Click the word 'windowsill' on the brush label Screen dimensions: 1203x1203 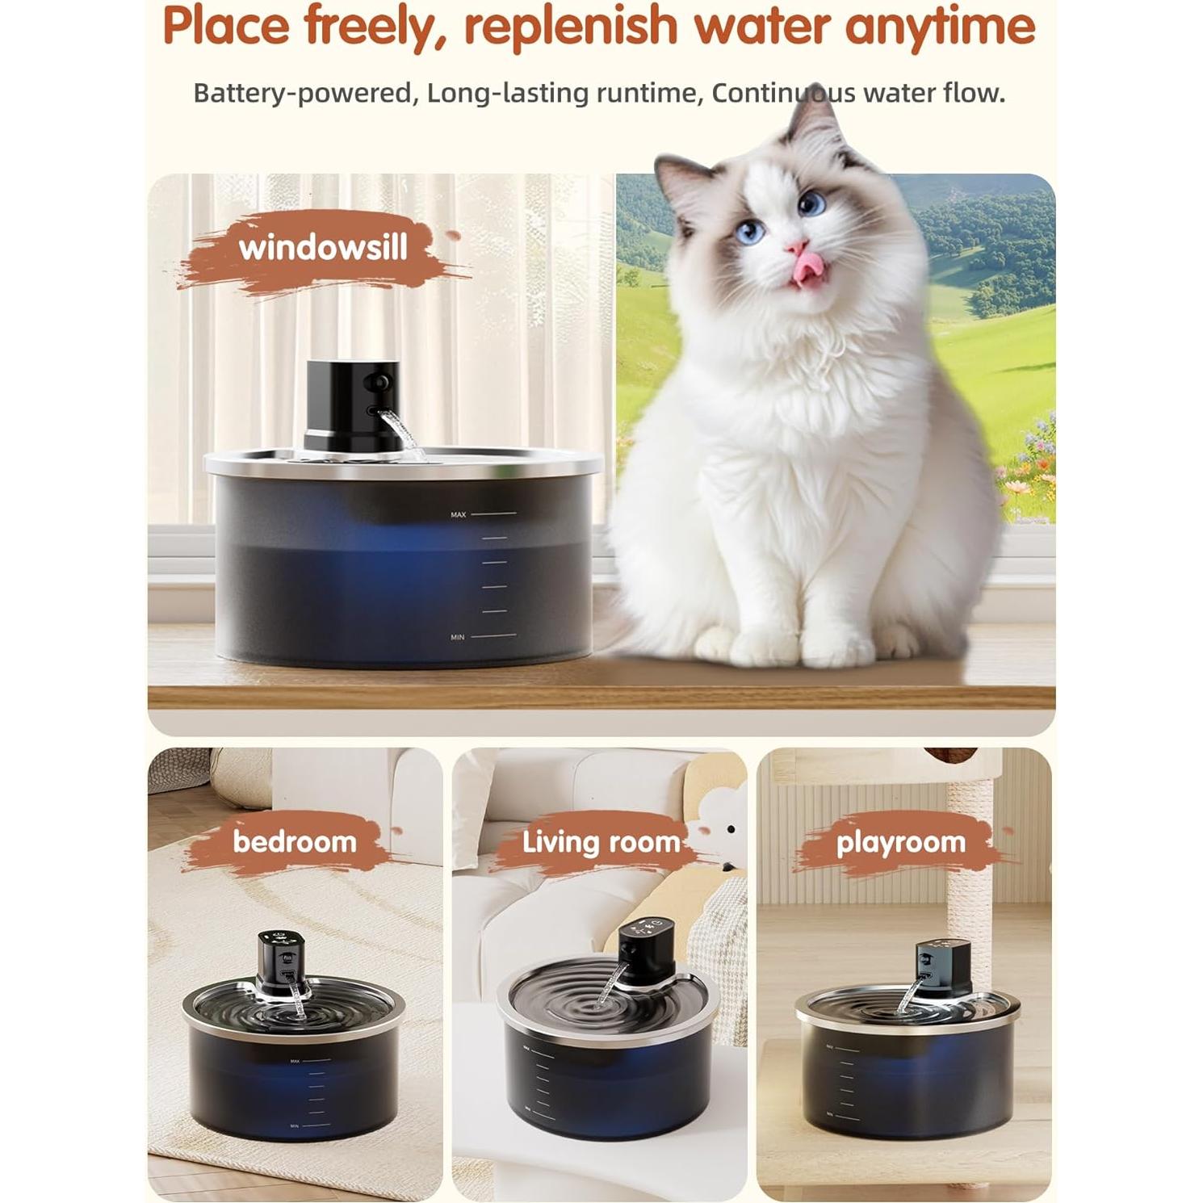pos(323,248)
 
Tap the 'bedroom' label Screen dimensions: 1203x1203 pos(295,842)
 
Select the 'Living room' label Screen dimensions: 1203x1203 pos(601,842)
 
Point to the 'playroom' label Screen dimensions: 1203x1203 pos(901,842)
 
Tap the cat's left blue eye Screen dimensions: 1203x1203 pos(751,233)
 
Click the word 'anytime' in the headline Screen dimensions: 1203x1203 pos(940,26)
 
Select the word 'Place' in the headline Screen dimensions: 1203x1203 pos(225,26)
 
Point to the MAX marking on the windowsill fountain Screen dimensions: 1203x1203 pos(459,514)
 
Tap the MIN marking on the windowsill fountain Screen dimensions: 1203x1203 pos(458,637)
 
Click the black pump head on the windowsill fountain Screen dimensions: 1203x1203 pos(351,404)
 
